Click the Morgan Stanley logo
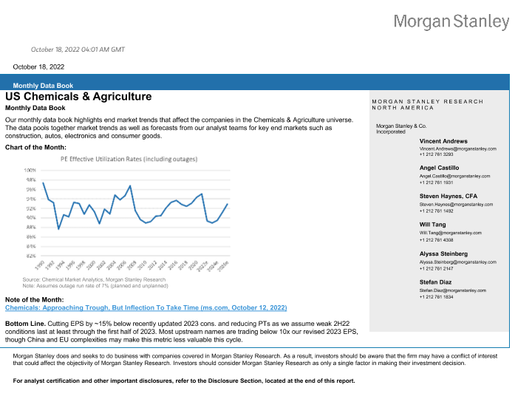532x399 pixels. coord(451,21)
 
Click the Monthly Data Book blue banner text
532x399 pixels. coord(43,86)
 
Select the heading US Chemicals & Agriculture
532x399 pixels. coord(78,97)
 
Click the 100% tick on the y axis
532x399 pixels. coord(31,170)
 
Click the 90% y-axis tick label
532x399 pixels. coord(31,218)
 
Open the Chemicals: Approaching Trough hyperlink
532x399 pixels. coord(146,307)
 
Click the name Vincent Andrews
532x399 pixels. coord(443,140)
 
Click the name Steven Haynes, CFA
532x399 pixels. coord(449,196)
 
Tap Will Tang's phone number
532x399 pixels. coord(437,240)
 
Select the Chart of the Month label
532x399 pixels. coord(36,147)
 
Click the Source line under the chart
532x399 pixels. coord(94,280)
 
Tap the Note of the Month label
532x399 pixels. coord(35,299)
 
